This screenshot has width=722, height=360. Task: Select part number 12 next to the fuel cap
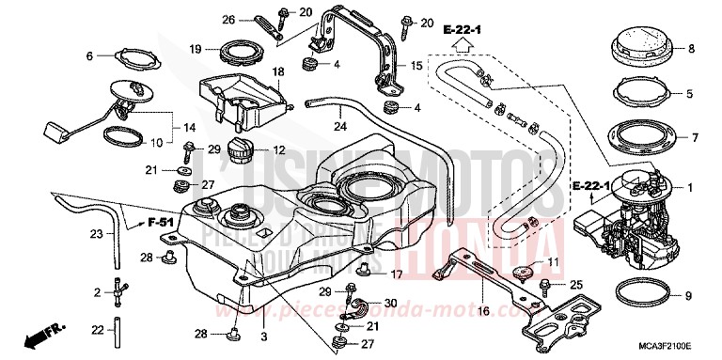click(x=280, y=150)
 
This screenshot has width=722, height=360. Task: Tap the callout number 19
click(x=194, y=48)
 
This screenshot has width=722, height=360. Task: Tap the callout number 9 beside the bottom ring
click(x=689, y=296)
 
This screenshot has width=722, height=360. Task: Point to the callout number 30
click(x=390, y=303)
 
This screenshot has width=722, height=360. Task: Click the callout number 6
click(x=90, y=56)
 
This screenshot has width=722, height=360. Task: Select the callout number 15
click(x=417, y=66)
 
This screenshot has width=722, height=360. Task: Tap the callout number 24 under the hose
click(x=338, y=126)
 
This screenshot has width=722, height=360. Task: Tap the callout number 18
click(x=278, y=70)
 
